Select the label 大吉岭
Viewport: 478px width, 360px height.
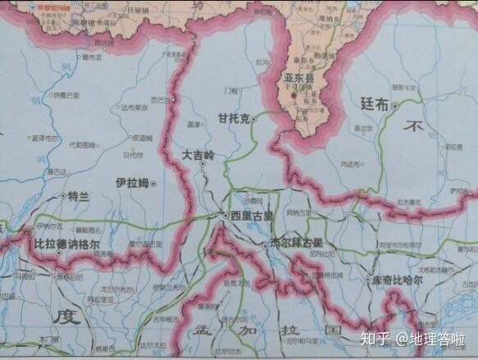(198, 155)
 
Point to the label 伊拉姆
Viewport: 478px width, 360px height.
(131, 183)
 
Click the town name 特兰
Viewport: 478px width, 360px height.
(77, 196)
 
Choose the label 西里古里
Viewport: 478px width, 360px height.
(249, 215)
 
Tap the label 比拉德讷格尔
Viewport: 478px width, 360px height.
(67, 244)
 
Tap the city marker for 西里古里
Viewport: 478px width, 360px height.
(225, 215)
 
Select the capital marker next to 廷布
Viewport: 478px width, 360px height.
(395, 106)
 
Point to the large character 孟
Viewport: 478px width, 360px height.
(203, 330)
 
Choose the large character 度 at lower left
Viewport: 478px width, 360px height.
(63, 316)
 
